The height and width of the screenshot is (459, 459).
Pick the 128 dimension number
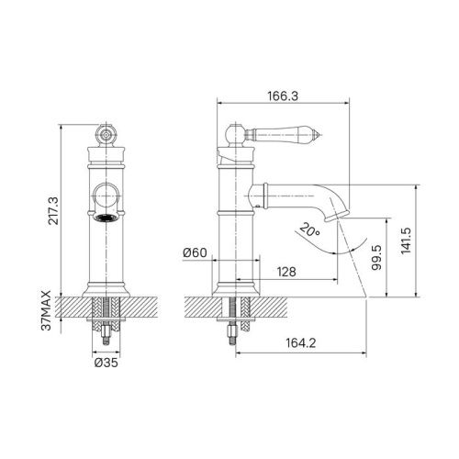click(286, 272)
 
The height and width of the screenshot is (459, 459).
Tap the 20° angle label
click(312, 232)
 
